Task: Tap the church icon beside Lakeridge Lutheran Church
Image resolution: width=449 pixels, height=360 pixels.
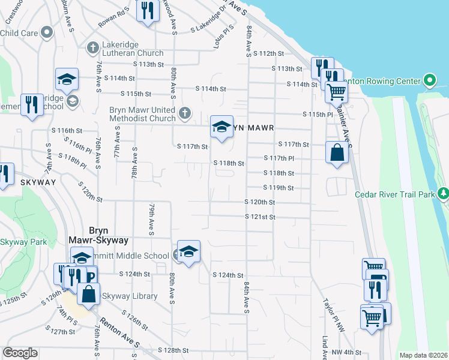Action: point(92,47)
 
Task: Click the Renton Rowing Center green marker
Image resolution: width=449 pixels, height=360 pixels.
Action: point(429,80)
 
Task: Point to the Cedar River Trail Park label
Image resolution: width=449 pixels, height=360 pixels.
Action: point(394,194)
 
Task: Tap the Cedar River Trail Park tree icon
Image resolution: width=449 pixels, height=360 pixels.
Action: point(443,193)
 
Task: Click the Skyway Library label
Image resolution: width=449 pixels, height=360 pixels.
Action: point(129,296)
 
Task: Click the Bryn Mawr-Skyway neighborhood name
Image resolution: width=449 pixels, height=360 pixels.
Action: point(108,235)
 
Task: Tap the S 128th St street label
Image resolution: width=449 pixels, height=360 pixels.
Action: point(173,350)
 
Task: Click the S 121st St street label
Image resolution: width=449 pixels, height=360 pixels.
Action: point(260,217)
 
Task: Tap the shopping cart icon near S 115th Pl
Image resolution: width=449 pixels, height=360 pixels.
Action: point(336,92)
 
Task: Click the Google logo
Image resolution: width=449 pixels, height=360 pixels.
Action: point(20,353)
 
